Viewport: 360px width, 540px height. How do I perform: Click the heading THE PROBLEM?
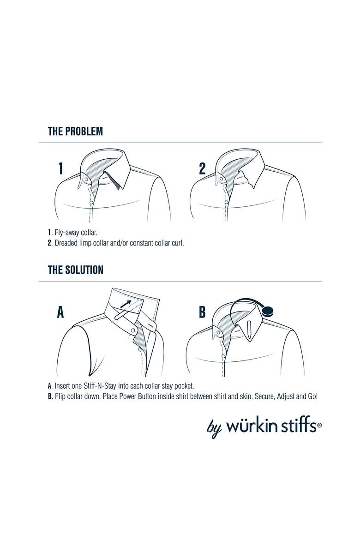[x=75, y=131]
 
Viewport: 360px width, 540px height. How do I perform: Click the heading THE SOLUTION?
[x=75, y=270]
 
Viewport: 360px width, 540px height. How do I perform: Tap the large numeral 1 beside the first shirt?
[x=60, y=168]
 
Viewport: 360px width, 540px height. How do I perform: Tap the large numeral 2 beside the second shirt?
[x=203, y=168]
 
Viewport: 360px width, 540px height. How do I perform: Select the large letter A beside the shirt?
[x=60, y=312]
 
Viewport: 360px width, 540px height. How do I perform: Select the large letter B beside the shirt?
[x=202, y=312]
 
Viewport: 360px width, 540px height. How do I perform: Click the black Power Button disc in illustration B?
[x=268, y=312]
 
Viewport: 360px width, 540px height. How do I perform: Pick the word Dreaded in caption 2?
[x=66, y=243]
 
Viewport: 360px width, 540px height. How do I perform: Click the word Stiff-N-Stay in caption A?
[x=100, y=386]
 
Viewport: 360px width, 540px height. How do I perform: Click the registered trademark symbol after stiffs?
[x=319, y=426]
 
